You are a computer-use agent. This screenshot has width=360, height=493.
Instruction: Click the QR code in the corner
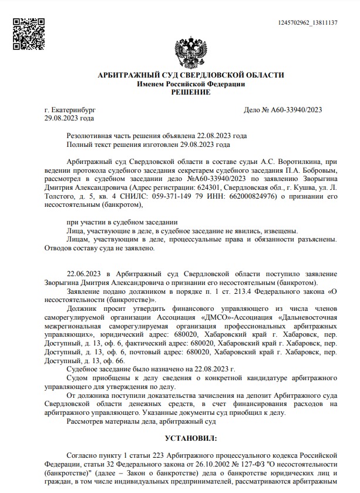[x=25, y=28]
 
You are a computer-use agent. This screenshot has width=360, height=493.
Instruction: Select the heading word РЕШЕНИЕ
[x=190, y=92]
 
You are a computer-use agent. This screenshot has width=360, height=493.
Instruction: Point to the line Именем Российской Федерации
[x=190, y=84]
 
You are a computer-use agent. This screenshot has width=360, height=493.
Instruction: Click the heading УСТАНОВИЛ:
[x=190, y=438]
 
